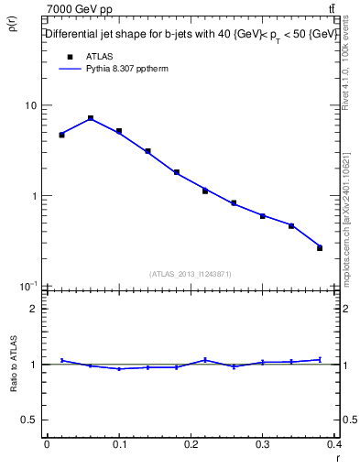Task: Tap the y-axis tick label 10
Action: (29, 105)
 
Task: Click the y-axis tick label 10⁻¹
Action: (27, 286)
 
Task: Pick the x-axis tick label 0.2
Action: (191, 444)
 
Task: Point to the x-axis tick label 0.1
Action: (118, 444)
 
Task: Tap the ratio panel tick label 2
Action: (34, 309)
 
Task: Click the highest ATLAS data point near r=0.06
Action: (91, 118)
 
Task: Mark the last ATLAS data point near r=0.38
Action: (320, 247)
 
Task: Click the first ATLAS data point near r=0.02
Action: (61, 135)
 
